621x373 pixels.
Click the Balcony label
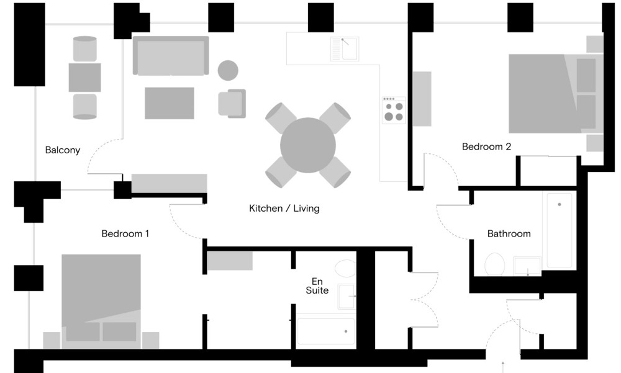[x=63, y=150]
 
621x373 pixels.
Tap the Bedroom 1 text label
[x=125, y=233]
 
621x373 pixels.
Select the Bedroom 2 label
[x=486, y=146]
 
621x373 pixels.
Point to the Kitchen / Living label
[x=284, y=209]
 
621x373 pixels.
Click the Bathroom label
[x=509, y=233]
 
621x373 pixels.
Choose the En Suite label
[x=317, y=286]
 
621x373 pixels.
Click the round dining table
[x=308, y=145]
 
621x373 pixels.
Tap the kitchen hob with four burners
[x=394, y=109]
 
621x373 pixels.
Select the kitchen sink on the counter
[x=345, y=49]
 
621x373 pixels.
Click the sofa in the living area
[x=171, y=55]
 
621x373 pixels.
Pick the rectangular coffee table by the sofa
[x=169, y=103]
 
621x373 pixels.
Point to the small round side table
[x=228, y=71]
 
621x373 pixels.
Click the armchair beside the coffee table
[x=232, y=104]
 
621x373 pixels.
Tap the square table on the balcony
[x=84, y=78]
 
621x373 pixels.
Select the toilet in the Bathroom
[x=495, y=264]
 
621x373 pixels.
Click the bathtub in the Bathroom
[x=560, y=230]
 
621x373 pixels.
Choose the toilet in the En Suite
[x=345, y=269]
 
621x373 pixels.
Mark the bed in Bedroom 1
[x=101, y=301]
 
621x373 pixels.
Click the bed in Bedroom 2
[x=556, y=94]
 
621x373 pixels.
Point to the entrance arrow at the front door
[x=503, y=367]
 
